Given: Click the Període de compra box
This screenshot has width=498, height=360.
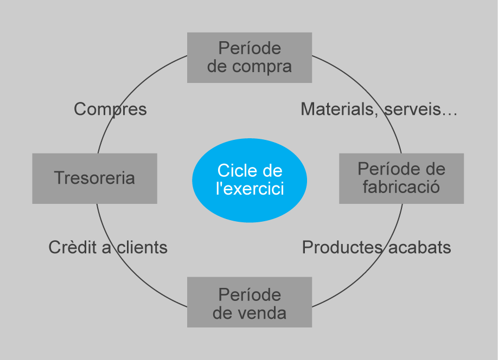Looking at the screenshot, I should coord(249,57).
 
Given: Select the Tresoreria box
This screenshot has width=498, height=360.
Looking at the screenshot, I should coord(94,178).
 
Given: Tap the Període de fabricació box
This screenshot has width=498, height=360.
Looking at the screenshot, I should coord(401,178).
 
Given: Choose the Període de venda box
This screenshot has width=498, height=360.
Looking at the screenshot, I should coord(249,302).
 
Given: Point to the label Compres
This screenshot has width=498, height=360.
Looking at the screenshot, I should coord(110,110).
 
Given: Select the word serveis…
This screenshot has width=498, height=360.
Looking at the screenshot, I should coord(420,110).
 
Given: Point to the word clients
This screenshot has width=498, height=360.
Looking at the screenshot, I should coord(142,248).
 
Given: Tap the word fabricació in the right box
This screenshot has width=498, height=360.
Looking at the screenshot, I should coord(401,188).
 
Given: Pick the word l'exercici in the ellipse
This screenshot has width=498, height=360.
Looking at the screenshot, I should coord(250,189).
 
